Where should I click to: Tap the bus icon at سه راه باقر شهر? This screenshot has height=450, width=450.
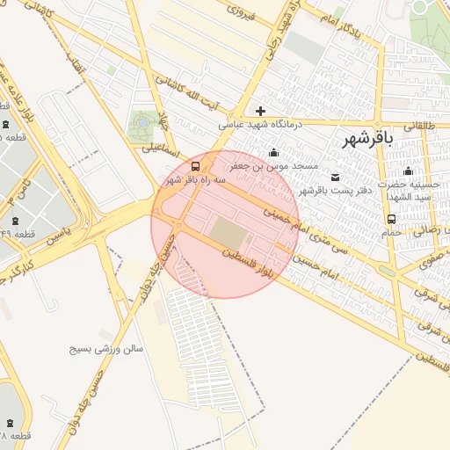tap(194, 165)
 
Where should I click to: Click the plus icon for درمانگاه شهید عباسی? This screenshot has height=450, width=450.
tap(260, 111)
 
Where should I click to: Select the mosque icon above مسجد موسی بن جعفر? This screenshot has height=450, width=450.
tap(273, 153)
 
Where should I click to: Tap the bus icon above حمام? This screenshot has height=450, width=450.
tap(391, 219)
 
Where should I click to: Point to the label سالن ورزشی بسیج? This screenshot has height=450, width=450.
tap(106, 349)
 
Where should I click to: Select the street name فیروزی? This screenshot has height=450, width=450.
tap(241, 12)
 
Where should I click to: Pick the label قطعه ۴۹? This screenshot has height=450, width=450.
tap(18, 232)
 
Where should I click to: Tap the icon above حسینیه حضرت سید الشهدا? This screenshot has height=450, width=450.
tap(407, 171)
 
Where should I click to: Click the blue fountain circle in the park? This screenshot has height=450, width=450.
tap(141, 126)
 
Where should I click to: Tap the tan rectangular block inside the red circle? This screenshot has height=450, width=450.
tap(228, 234)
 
